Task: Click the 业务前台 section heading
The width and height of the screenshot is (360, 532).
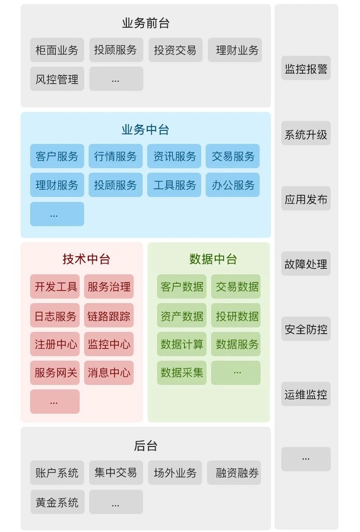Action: click(x=145, y=23)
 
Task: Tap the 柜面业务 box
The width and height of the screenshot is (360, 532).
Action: click(x=57, y=50)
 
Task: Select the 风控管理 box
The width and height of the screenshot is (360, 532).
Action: click(x=57, y=79)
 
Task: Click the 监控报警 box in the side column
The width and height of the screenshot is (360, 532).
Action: click(x=306, y=68)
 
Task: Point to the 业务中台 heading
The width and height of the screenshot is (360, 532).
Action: click(x=145, y=130)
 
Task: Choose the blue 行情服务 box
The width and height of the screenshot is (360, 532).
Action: click(x=116, y=156)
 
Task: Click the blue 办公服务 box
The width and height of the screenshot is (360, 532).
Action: click(x=233, y=185)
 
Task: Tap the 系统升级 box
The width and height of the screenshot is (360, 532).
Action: click(x=306, y=134)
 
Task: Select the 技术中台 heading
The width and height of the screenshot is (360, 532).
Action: click(x=86, y=259)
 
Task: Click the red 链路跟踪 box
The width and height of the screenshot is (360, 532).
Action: click(x=109, y=316)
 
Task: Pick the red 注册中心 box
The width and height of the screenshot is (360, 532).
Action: click(x=55, y=344)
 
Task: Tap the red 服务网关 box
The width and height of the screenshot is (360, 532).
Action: click(x=55, y=373)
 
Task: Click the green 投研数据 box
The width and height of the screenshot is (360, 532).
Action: click(x=236, y=316)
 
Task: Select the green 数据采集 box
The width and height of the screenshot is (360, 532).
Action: click(x=182, y=373)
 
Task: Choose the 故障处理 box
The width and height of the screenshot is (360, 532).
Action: click(x=306, y=264)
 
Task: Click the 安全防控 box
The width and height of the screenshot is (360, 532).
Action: click(x=306, y=329)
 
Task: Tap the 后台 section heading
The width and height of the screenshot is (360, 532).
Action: click(x=145, y=446)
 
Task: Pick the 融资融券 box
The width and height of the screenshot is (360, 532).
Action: click(x=234, y=473)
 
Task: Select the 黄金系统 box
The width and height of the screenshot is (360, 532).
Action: click(x=57, y=502)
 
